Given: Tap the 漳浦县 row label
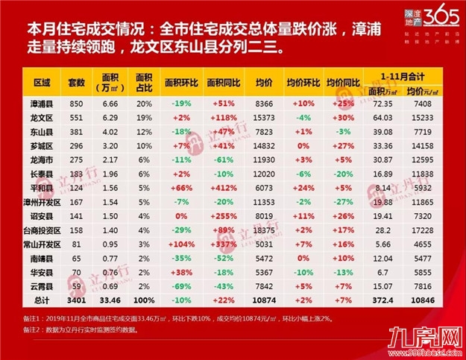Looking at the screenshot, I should (x=42, y=99).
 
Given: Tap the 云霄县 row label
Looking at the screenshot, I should (x=42, y=287).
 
